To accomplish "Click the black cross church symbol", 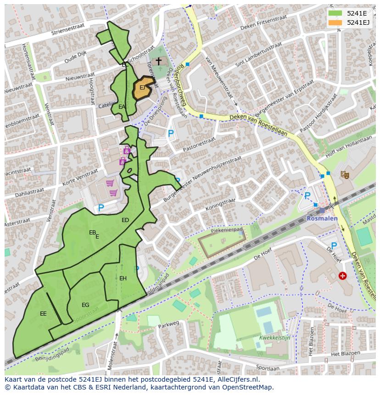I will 158,61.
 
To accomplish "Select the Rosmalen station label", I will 322,218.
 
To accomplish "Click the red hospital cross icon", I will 342,276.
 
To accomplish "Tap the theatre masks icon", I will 343,174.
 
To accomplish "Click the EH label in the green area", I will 123,278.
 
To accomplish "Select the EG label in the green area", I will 85,305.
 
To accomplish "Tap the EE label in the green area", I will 43,314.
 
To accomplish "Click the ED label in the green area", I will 125,220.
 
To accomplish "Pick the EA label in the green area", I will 122,107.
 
